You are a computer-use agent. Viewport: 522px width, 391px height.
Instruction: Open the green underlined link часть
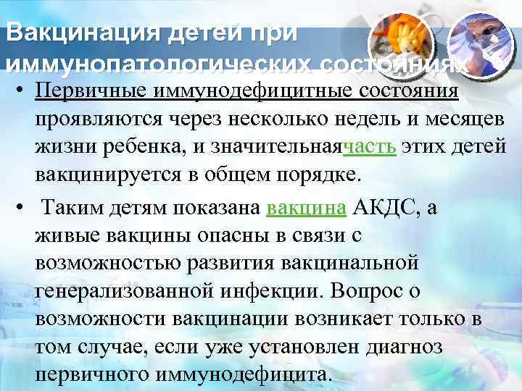[368, 148]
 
